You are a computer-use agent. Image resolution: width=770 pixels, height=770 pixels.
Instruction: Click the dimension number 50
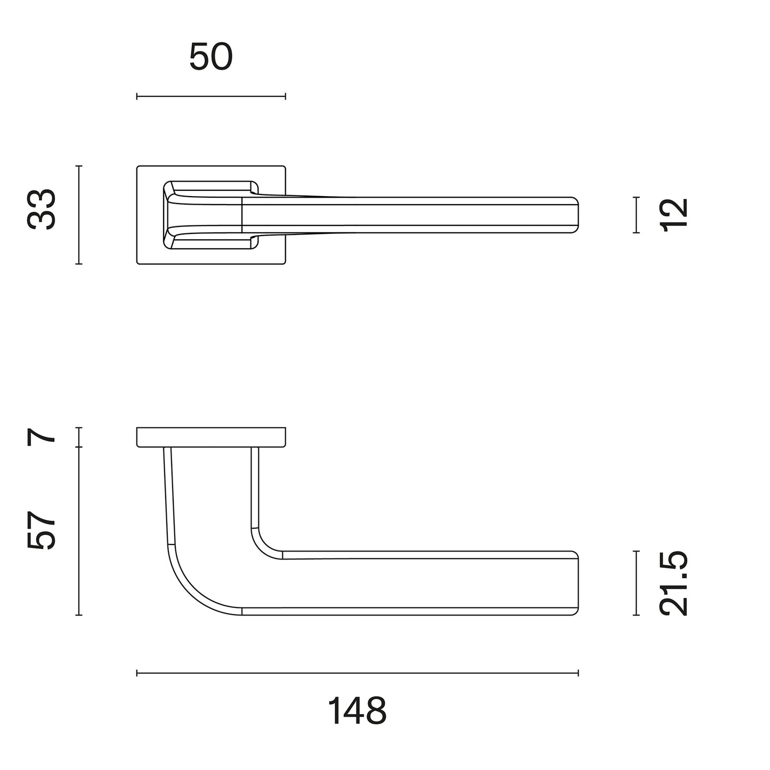tap(210, 57)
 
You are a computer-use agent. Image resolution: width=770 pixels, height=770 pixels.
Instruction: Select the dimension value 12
tap(673, 215)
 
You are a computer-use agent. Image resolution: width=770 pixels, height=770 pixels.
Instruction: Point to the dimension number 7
tap(41, 436)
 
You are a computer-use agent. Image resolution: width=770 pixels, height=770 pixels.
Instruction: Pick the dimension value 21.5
tap(673, 583)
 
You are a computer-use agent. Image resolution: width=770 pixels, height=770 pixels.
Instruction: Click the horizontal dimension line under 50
tap(211, 96)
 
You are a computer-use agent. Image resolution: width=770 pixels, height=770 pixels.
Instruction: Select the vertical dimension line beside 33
tap(79, 215)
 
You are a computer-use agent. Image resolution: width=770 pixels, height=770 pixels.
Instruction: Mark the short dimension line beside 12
tap(636, 215)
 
